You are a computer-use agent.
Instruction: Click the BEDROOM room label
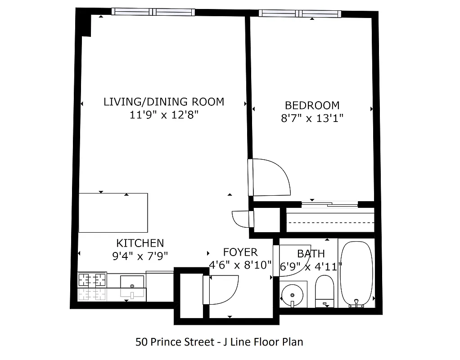click(x=312, y=105)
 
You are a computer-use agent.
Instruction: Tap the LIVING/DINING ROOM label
click(x=164, y=102)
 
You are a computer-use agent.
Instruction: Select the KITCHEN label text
click(x=140, y=243)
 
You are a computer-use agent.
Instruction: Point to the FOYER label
click(x=240, y=252)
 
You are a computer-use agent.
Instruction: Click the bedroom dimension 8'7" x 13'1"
click(x=312, y=118)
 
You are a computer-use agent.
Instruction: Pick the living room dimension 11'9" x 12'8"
click(x=164, y=115)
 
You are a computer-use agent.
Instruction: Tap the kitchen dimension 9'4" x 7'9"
click(x=140, y=256)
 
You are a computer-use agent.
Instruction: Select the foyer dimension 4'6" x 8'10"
click(x=240, y=265)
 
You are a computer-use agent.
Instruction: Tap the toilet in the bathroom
click(x=324, y=290)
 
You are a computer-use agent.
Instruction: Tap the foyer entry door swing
click(x=221, y=290)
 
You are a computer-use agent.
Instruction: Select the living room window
click(x=153, y=12)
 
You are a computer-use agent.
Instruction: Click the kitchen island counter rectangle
click(x=113, y=212)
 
